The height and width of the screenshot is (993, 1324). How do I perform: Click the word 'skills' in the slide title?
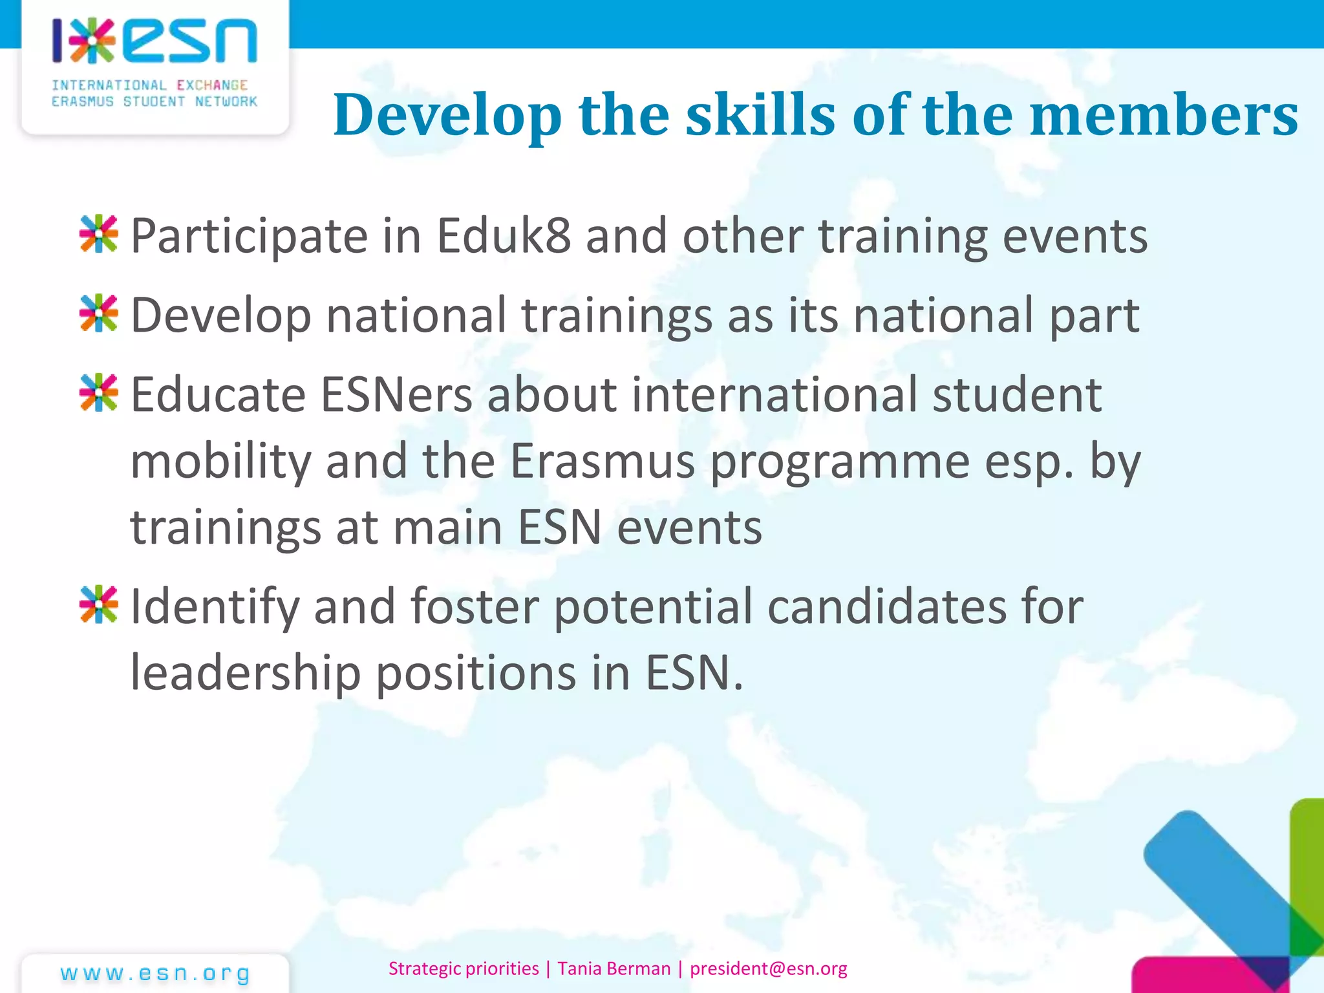(x=760, y=115)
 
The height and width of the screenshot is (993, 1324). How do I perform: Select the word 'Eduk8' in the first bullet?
(x=504, y=236)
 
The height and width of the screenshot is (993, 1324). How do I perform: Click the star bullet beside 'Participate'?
(x=99, y=233)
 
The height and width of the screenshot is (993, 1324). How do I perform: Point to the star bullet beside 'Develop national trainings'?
(x=99, y=314)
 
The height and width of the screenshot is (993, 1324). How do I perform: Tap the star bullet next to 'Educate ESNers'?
(x=99, y=392)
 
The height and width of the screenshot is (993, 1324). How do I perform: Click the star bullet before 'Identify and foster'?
(x=99, y=604)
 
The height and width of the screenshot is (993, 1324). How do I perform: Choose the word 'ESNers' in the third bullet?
(x=396, y=395)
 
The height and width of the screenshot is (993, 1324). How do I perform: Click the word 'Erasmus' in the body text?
(x=603, y=462)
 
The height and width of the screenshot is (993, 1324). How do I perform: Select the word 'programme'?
(x=840, y=463)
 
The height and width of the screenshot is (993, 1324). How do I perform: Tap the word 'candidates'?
(x=887, y=607)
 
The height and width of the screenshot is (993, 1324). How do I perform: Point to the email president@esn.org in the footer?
(x=768, y=968)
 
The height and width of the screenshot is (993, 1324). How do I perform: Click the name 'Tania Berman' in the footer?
(x=614, y=968)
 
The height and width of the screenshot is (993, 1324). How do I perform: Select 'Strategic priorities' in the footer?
(x=464, y=968)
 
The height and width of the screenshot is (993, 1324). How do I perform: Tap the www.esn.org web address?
(x=155, y=974)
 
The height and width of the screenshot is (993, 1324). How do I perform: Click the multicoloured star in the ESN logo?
(x=92, y=41)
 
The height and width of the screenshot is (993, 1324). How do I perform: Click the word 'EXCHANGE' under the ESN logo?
(x=212, y=85)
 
